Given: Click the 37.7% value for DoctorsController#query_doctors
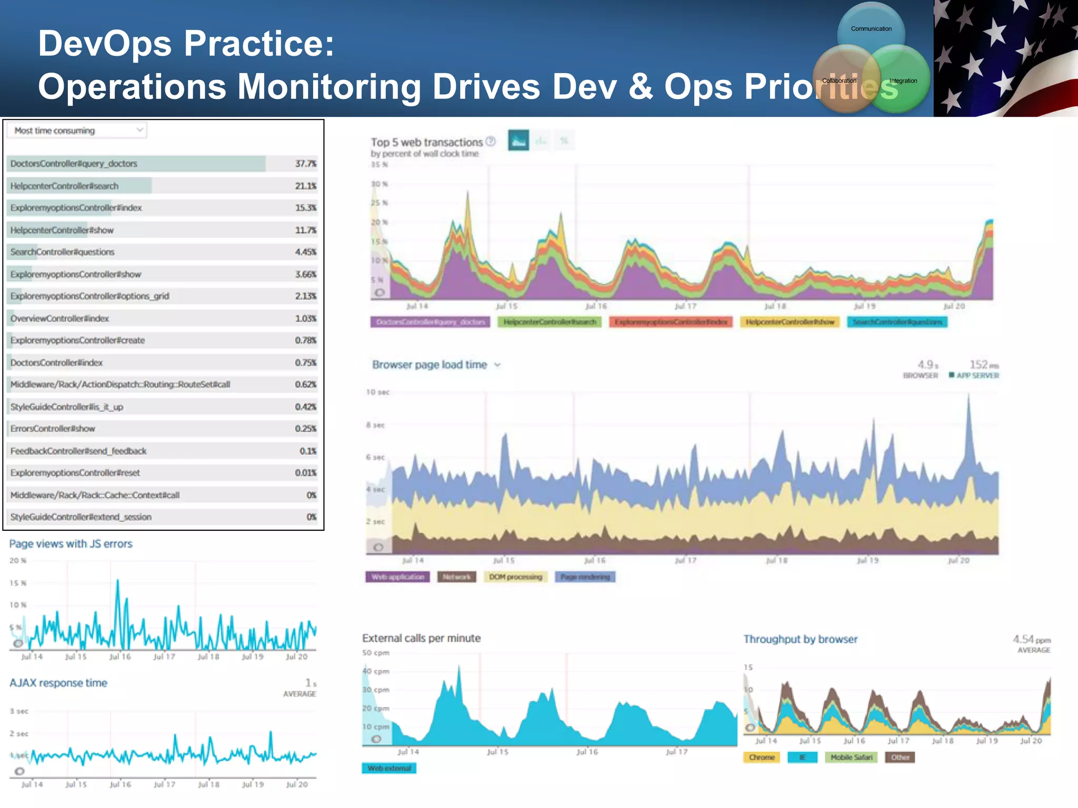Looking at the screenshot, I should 305,164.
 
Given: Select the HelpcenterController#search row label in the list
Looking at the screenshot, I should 64,186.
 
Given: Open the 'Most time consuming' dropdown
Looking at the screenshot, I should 77,130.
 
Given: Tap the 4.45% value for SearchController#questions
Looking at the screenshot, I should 305,252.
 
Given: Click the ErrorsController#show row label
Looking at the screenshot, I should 53,429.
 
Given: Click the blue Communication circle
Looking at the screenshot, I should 871,29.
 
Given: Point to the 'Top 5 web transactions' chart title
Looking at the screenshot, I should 426,142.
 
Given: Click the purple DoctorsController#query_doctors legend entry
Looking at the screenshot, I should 430,322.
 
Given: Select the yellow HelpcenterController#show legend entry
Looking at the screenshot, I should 790,322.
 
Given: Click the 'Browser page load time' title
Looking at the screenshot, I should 430,365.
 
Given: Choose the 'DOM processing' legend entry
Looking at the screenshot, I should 515,577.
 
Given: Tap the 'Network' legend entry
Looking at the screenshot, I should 456,577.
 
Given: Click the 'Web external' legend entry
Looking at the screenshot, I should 389,769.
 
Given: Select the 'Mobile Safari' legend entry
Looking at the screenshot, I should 851,757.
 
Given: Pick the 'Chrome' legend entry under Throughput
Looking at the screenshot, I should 762,757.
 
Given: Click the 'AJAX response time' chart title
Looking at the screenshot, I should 58,683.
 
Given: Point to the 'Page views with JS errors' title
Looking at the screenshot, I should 71,544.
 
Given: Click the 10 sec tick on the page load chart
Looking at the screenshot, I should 378,392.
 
